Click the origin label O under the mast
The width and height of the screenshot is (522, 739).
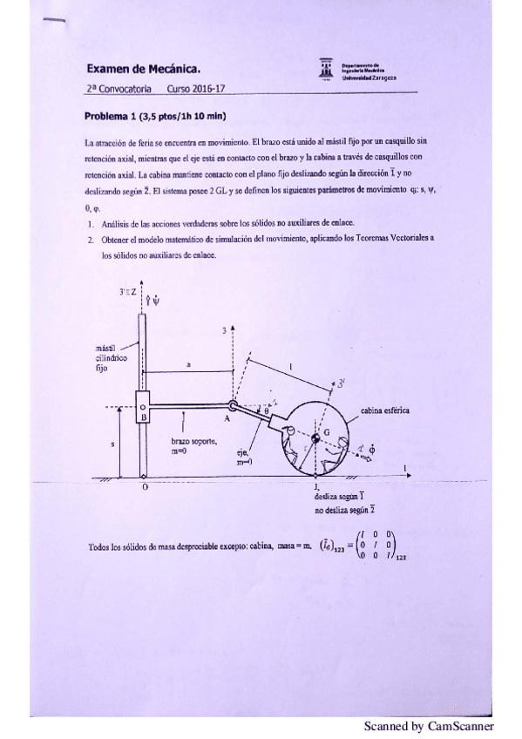tap(145, 487)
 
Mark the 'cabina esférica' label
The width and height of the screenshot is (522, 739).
tap(385, 410)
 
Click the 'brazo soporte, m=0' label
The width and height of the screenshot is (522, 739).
tap(193, 447)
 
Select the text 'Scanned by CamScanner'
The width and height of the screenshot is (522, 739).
tap(429, 725)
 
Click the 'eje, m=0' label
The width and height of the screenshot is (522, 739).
tap(244, 457)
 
